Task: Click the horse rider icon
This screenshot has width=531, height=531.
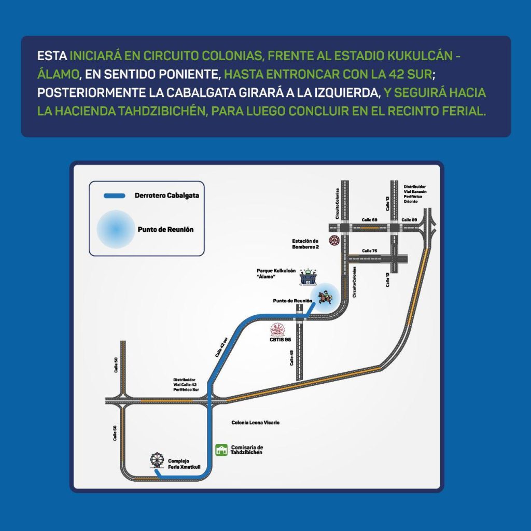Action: point(325,297)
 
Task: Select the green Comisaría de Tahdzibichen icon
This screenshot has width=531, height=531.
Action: point(221,449)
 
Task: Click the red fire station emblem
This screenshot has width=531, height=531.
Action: point(334,241)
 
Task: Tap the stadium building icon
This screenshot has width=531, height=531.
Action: point(309,278)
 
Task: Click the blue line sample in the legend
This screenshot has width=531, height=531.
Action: point(115,196)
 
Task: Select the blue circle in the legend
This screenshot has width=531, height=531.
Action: point(115,229)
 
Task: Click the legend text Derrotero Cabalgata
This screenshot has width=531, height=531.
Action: point(166,196)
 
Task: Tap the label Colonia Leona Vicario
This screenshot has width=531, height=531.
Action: point(255,423)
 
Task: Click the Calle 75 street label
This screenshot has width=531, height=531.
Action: point(369,251)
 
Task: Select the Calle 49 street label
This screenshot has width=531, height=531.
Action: point(292,358)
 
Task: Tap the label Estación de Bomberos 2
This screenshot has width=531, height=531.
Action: point(305,244)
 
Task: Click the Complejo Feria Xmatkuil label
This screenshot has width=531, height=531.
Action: point(178,464)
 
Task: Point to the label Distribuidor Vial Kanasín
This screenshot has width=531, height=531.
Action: point(414,193)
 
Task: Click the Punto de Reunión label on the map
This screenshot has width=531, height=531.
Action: point(292,301)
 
